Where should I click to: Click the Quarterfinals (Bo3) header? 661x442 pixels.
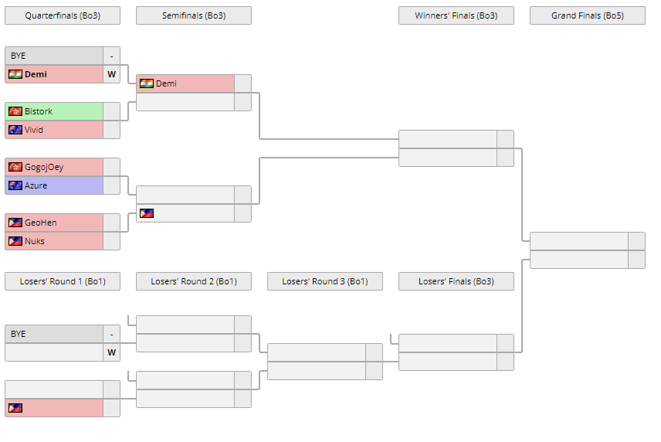63,15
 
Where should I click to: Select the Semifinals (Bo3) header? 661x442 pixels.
194,15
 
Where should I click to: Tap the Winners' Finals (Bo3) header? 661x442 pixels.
456,15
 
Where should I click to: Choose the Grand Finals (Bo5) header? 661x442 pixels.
588,15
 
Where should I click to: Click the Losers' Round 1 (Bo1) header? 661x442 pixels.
63,281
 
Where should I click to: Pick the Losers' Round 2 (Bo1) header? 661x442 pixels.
194,281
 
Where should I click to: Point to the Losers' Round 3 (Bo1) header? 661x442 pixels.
325,281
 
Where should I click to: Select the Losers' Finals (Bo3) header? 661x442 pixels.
456,281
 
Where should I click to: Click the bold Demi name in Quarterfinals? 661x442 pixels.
36,74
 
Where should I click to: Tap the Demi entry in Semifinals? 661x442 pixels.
166,83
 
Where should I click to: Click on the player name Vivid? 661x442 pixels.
34,130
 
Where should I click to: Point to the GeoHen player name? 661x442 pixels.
40,223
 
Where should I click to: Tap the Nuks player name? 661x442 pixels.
35,241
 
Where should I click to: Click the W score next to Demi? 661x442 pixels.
112,74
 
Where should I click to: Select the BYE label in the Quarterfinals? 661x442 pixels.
19,56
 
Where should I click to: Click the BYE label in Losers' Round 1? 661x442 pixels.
19,334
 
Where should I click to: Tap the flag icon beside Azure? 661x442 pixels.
15,185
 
